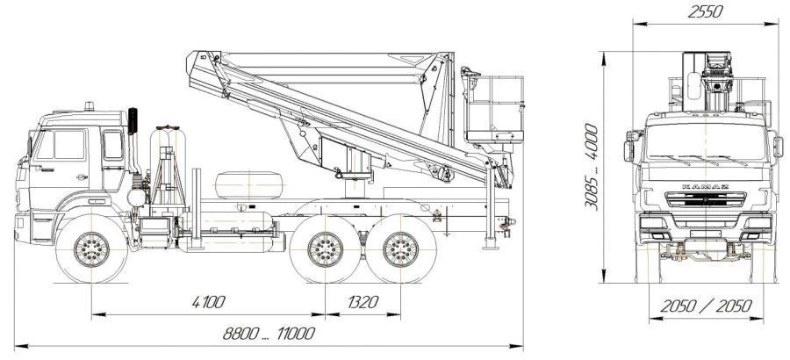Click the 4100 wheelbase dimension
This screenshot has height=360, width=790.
[208, 302]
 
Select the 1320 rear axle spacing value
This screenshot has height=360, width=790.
[363, 302]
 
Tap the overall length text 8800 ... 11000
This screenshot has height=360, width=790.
[269, 334]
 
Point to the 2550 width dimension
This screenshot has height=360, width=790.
[706, 11]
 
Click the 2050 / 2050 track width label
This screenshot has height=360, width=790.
[707, 306]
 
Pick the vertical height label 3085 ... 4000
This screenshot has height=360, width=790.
[592, 166]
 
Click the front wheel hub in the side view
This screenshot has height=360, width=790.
[91, 249]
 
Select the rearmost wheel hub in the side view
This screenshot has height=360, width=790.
[400, 249]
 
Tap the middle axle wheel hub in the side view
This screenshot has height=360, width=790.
[325, 249]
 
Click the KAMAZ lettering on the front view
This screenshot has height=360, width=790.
[706, 186]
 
